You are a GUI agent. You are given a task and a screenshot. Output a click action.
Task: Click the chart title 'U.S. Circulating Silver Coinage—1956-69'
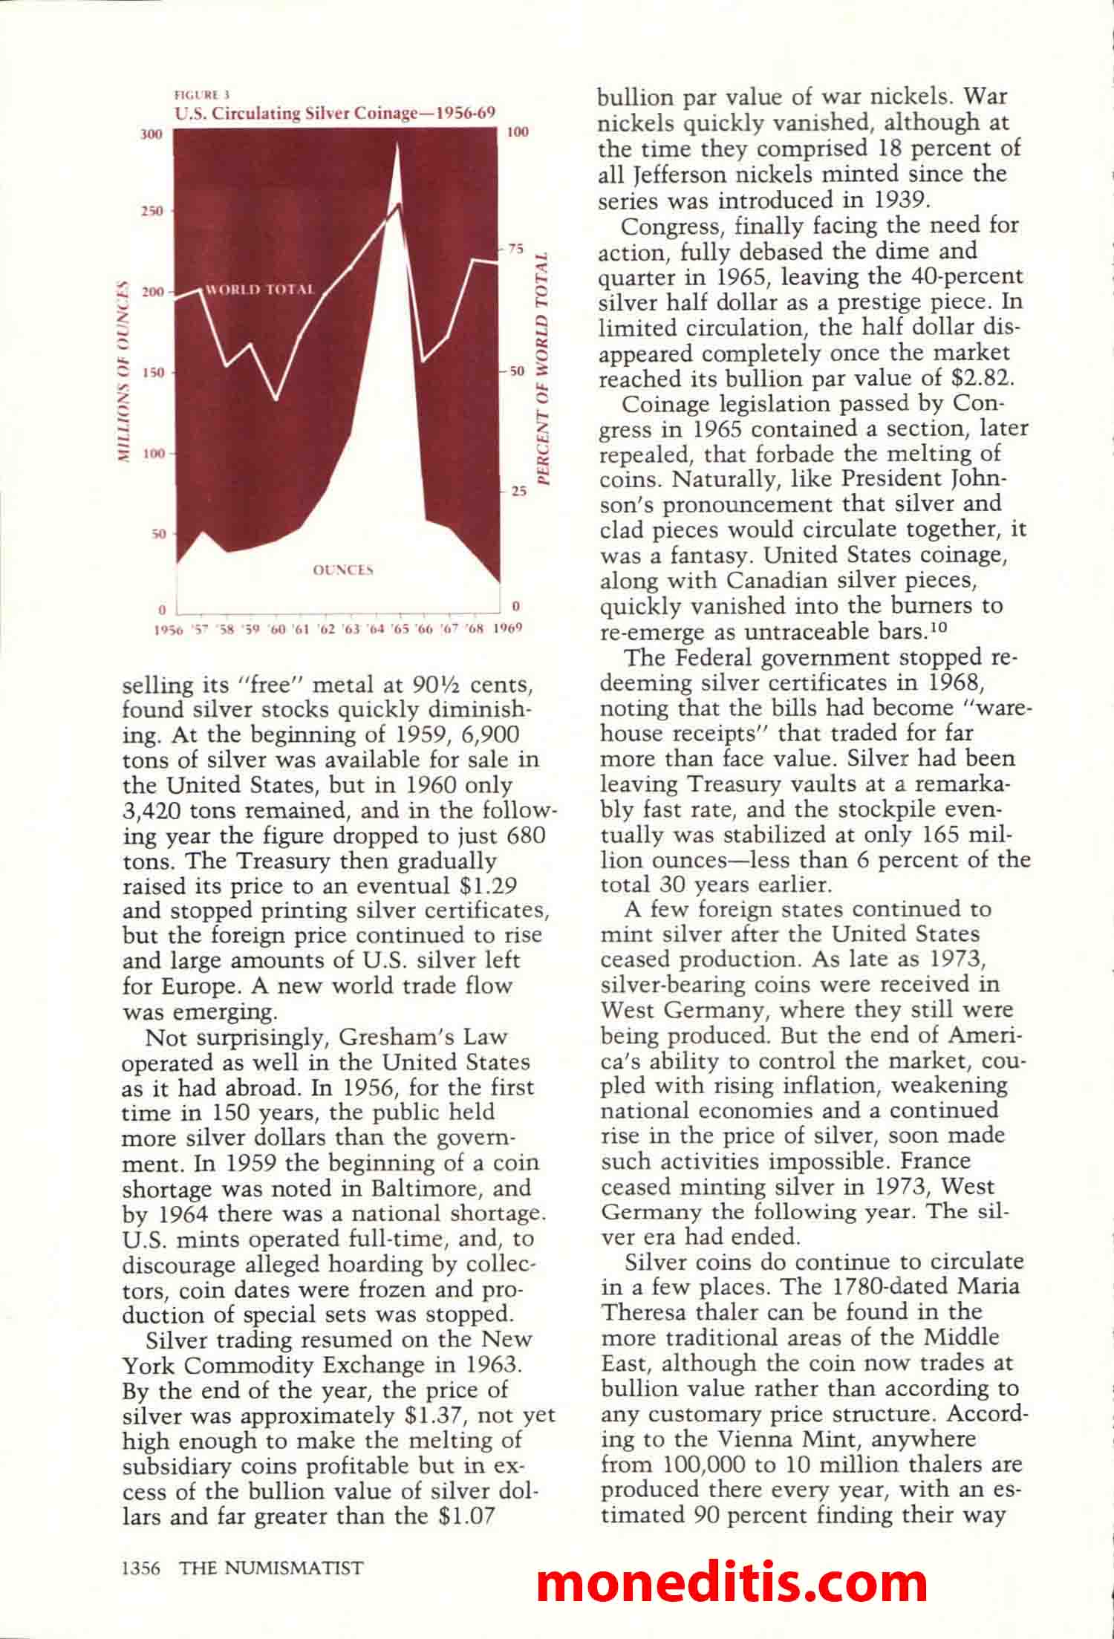click(334, 113)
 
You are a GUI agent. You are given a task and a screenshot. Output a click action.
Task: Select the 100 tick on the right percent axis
click(518, 132)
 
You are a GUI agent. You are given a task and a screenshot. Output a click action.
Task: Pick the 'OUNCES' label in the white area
click(342, 570)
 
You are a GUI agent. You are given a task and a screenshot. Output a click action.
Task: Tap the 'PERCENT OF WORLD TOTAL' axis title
click(543, 371)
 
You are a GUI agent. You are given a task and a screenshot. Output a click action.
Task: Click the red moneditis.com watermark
click(732, 1582)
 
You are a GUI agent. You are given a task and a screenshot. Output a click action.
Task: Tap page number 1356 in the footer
click(141, 1568)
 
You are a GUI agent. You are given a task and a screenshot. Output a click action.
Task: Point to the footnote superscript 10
click(939, 628)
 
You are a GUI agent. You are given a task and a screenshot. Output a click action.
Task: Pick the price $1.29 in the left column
click(484, 886)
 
